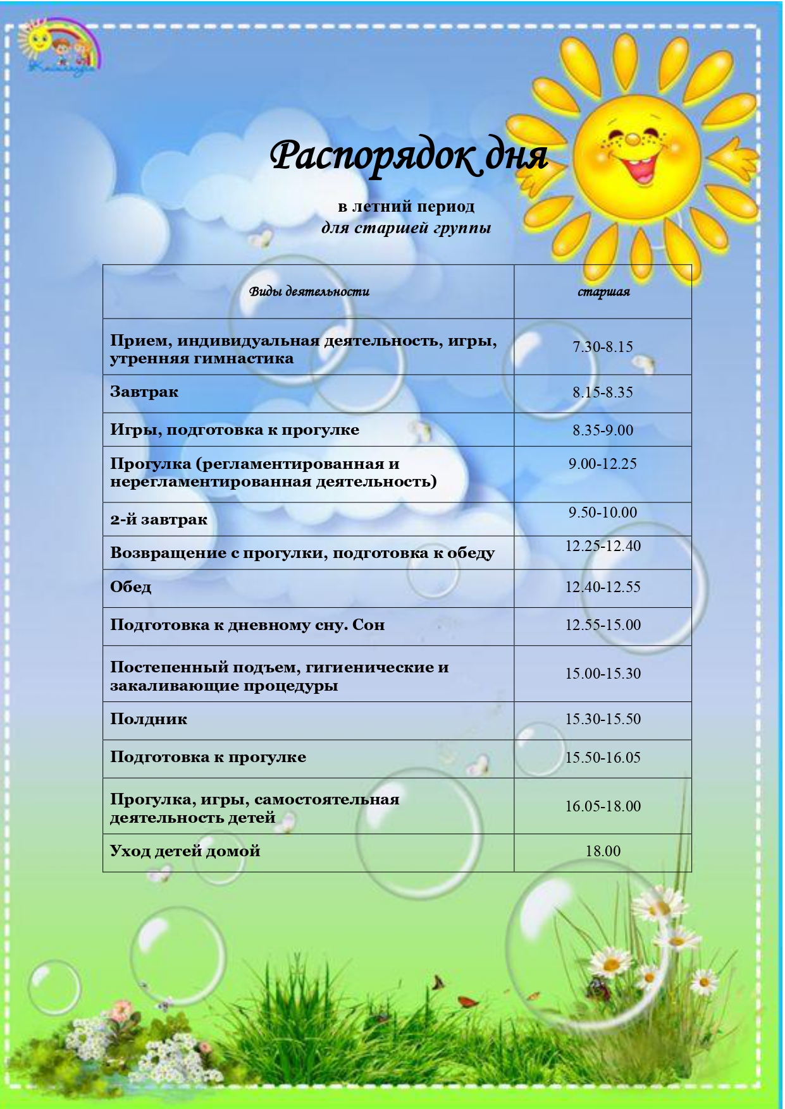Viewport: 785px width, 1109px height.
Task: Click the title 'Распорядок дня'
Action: (409, 156)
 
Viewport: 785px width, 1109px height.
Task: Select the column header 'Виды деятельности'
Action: (309, 292)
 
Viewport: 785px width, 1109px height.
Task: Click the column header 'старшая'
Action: (603, 292)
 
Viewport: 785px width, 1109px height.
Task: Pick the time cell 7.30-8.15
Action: (603, 347)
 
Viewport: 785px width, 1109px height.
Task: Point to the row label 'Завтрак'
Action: (144, 392)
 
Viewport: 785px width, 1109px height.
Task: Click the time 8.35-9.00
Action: (603, 430)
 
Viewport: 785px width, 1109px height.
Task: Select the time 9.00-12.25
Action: (603, 464)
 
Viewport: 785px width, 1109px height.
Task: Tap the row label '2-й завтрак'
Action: (159, 520)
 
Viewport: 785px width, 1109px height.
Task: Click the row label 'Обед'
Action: (131, 587)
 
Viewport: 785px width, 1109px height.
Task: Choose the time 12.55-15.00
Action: (603, 625)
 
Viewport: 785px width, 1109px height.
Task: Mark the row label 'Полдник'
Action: (149, 719)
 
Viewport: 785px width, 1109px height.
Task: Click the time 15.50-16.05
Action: (603, 758)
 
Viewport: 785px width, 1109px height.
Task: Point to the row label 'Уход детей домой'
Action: (185, 851)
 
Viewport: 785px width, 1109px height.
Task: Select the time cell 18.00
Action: (603, 851)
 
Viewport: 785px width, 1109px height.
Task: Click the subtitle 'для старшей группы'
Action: (406, 227)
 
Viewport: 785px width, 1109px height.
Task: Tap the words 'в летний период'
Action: (406, 207)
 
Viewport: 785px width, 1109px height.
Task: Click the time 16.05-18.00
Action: (603, 806)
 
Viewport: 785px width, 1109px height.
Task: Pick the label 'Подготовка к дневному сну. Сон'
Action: (247, 625)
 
